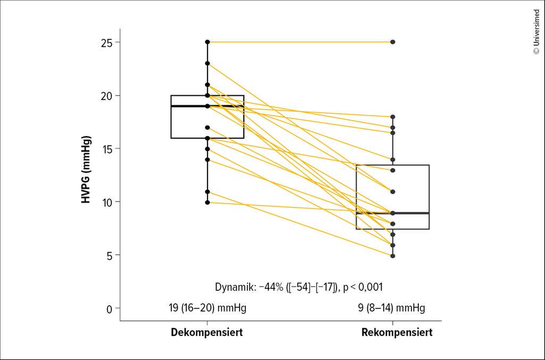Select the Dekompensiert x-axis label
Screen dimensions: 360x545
coord(207,333)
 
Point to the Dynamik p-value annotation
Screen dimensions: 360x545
coord(299,287)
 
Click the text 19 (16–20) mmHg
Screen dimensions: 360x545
coord(207,308)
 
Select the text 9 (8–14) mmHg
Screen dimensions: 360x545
coord(392,308)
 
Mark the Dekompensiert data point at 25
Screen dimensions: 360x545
coord(208,41)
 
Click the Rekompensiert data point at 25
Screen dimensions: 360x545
coord(393,41)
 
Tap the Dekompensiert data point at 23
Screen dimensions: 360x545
coord(208,63)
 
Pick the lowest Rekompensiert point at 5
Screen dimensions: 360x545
coord(393,256)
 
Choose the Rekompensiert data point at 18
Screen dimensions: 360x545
coord(393,116)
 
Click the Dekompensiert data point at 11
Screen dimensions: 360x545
coord(208,191)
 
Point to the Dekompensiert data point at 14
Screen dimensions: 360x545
coord(208,160)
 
